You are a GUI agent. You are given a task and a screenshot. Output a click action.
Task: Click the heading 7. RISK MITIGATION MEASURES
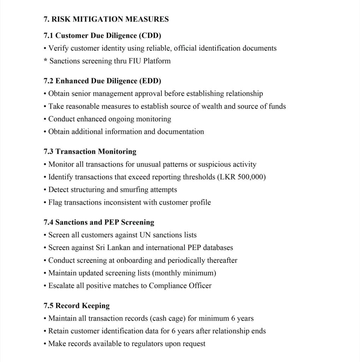click(106, 19)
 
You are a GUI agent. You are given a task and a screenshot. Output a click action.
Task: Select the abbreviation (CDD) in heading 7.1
click(150, 35)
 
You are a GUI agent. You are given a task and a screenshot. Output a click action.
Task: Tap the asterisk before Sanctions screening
click(46, 61)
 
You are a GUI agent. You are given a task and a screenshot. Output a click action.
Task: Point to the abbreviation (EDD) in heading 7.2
click(150, 81)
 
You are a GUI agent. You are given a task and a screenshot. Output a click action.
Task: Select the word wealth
click(211, 106)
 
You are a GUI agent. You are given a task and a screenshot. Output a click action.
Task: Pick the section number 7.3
click(49, 152)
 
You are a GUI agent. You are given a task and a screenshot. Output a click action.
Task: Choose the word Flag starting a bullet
click(55, 203)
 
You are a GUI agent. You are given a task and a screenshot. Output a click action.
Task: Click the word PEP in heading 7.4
click(112, 222)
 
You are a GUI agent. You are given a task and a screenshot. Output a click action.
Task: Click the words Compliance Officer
click(180, 286)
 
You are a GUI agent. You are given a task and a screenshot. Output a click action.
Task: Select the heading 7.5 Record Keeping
click(77, 306)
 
